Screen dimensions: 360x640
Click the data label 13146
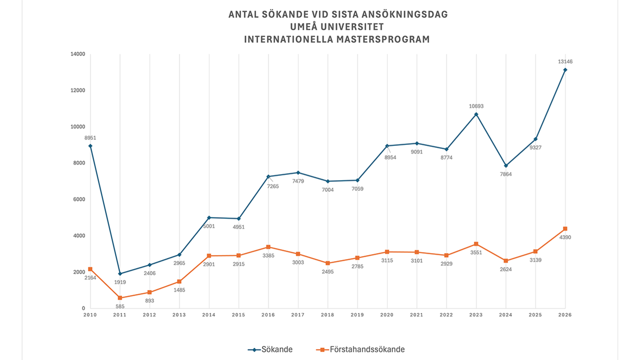pyautogui.click(x=565, y=61)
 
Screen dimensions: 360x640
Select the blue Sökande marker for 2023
pyautogui.click(x=476, y=114)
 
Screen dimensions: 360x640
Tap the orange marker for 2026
pyautogui.click(x=565, y=229)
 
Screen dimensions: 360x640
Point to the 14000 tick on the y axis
pyautogui.click(x=78, y=54)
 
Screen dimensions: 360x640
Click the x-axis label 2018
pyautogui.click(x=327, y=315)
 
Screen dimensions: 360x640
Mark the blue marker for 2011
pyautogui.click(x=120, y=273)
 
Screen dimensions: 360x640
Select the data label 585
pyautogui.click(x=120, y=307)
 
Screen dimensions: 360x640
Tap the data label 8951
pyautogui.click(x=90, y=137)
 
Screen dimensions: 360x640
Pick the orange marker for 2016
pyautogui.click(x=268, y=247)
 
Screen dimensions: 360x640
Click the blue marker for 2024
pyautogui.click(x=506, y=165)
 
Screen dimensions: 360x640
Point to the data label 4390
pyautogui.click(x=565, y=237)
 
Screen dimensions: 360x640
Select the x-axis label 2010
pyautogui.click(x=90, y=315)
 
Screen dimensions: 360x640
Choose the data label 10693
pyautogui.click(x=476, y=106)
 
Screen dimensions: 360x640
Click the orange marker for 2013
pyautogui.click(x=179, y=281)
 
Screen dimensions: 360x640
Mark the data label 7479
pyautogui.click(x=298, y=181)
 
